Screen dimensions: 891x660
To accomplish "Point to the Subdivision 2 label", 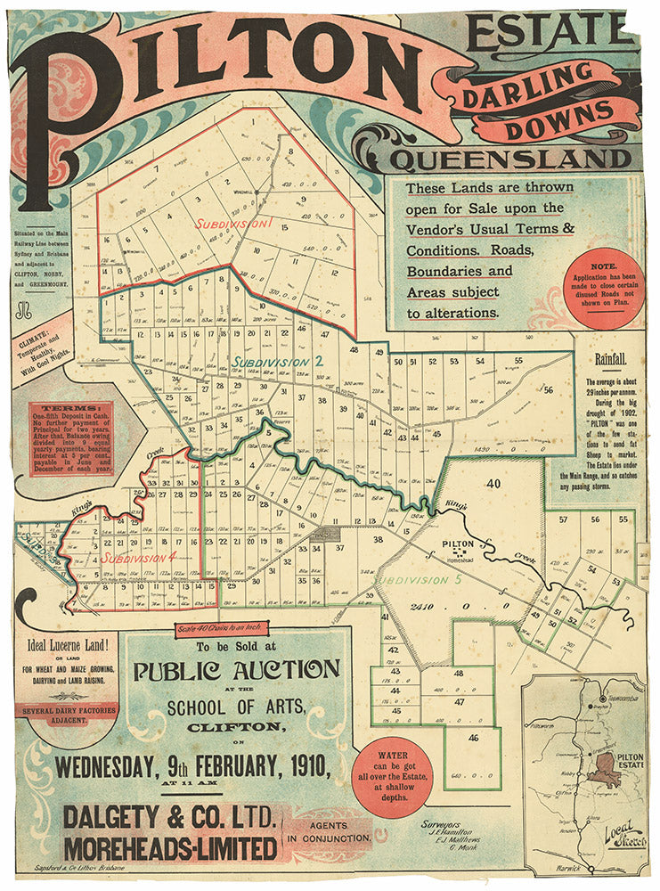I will (277, 362).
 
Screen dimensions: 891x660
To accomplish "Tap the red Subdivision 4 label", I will (137, 557).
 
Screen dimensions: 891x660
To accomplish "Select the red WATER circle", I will (393, 778).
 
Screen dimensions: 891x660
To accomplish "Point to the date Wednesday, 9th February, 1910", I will (191, 764).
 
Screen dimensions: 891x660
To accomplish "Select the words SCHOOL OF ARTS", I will (236, 707).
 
